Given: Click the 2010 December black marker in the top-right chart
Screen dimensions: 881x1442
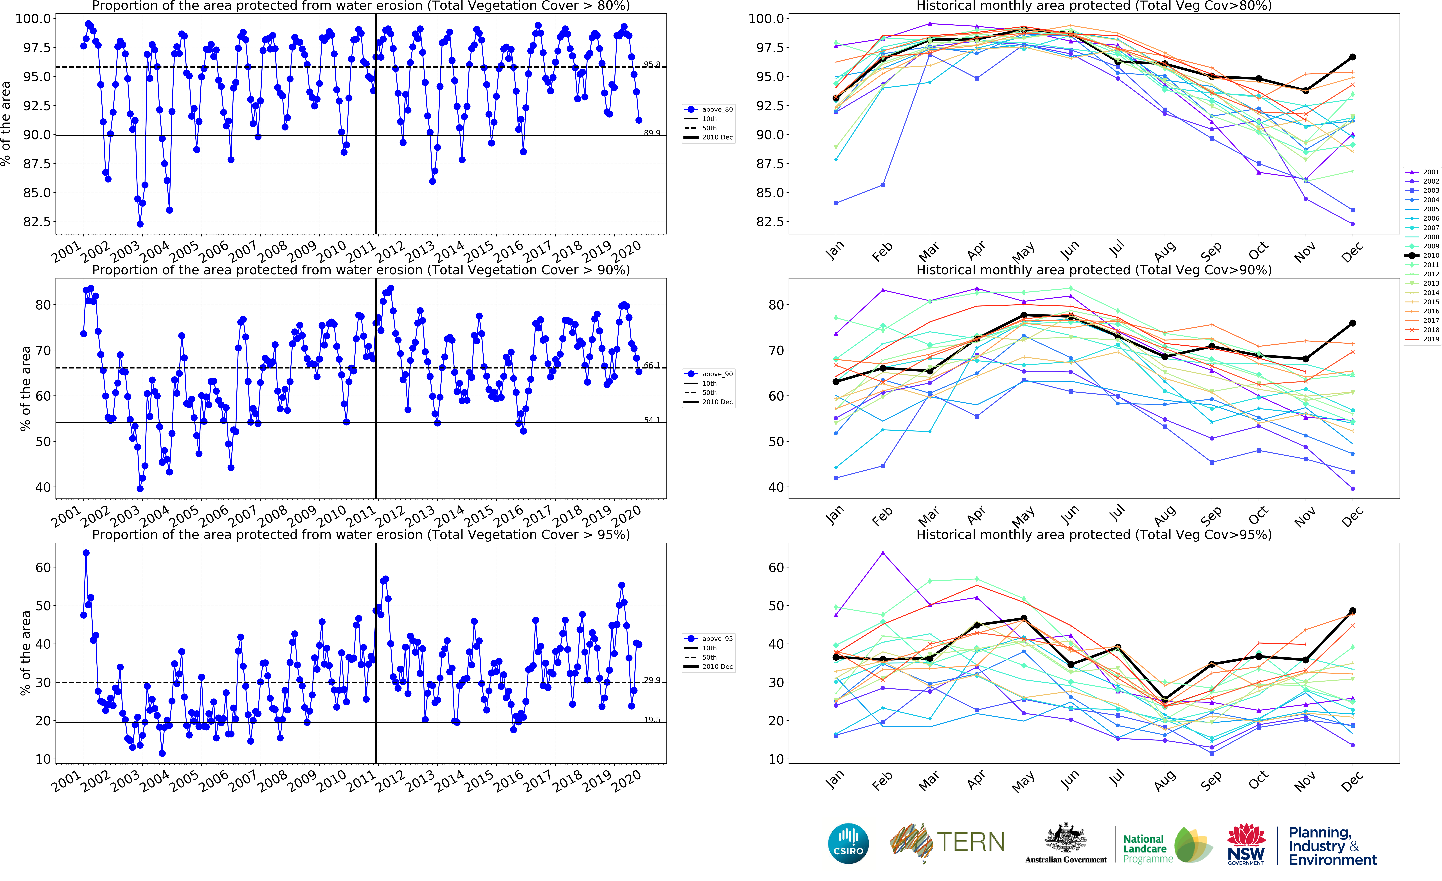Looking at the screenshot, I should point(1352,57).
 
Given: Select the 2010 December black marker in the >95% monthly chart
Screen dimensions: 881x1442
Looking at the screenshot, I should point(1352,611).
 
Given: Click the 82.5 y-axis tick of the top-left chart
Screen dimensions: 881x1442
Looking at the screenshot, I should point(36,222).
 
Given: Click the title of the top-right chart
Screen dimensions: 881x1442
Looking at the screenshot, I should point(1093,6).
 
